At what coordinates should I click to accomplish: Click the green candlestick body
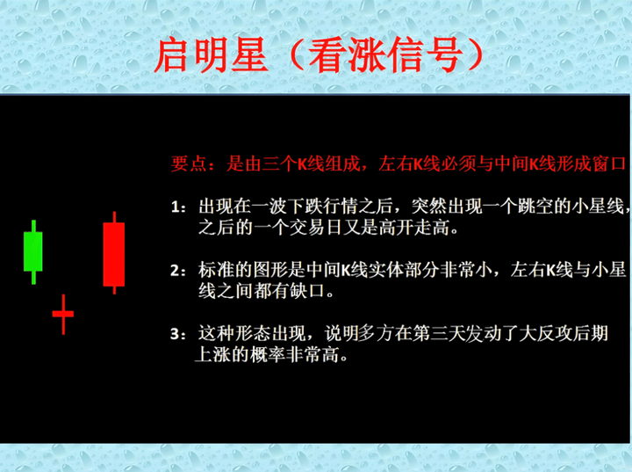[33, 251]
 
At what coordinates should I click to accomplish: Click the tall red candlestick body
[113, 254]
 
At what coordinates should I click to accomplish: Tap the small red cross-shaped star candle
[63, 314]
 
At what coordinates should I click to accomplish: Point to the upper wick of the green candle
[33, 226]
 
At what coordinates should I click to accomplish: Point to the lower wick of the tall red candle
[114, 290]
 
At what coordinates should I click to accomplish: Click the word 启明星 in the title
[212, 54]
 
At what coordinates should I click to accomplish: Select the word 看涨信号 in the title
[385, 54]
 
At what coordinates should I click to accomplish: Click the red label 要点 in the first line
[189, 164]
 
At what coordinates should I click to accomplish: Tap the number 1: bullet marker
[178, 207]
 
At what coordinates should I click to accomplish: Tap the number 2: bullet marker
[178, 271]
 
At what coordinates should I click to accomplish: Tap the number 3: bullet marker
[178, 334]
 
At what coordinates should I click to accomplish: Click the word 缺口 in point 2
[307, 291]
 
